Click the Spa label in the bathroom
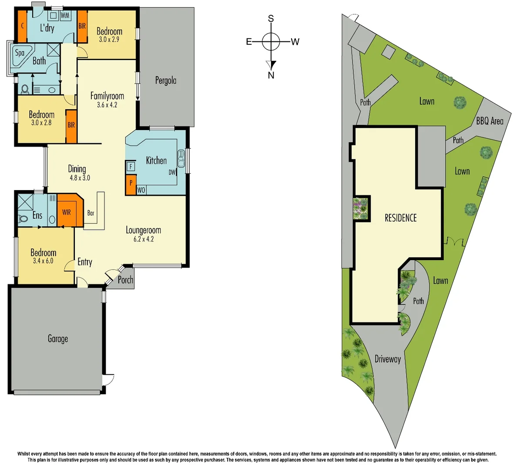pyautogui.click(x=20, y=53)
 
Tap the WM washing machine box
pyautogui.click(x=65, y=15)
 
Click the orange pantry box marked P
pyautogui.click(x=131, y=184)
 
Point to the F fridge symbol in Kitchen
pyautogui.click(x=131, y=166)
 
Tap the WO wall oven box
pyautogui.click(x=141, y=190)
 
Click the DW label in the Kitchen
pyautogui.click(x=172, y=172)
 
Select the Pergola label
pyautogui.click(x=166, y=81)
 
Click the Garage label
pyautogui.click(x=57, y=339)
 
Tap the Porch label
pyautogui.click(x=125, y=280)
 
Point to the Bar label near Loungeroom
pyautogui.click(x=91, y=213)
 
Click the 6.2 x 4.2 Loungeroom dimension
pyautogui.click(x=143, y=239)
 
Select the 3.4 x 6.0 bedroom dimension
pyautogui.click(x=43, y=261)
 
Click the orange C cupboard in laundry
pyautogui.click(x=22, y=26)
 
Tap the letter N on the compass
pyautogui.click(x=271, y=75)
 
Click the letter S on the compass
pyautogui.click(x=271, y=18)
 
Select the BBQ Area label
pyautogui.click(x=490, y=121)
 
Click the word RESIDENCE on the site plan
pyautogui.click(x=400, y=218)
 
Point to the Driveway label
pyautogui.click(x=387, y=359)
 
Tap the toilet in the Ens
pyautogui.click(x=23, y=218)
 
